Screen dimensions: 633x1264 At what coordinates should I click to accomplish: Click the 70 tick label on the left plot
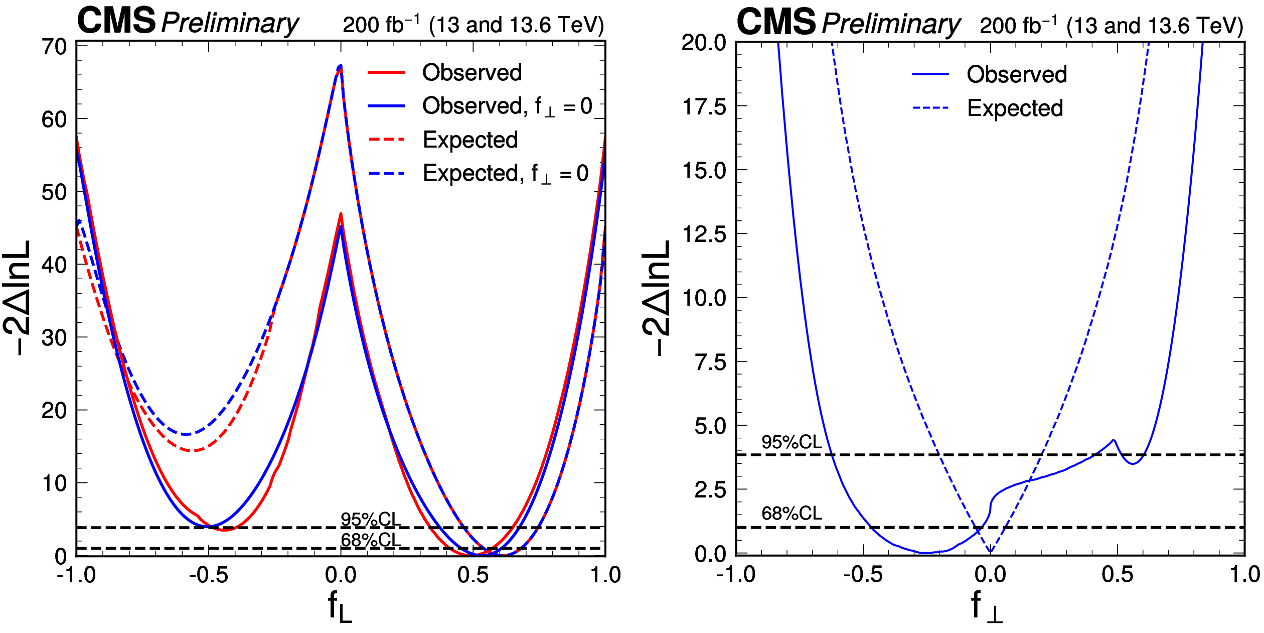[54, 47]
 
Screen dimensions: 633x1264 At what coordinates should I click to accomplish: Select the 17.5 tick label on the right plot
[704, 107]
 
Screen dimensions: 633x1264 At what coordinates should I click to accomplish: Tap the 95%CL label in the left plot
[371, 520]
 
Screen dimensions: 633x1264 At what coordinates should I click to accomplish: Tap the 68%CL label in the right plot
[792, 514]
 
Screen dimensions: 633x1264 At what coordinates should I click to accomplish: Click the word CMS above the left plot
[116, 22]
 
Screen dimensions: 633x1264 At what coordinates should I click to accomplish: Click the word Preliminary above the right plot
[890, 24]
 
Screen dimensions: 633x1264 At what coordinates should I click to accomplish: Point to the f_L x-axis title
[340, 606]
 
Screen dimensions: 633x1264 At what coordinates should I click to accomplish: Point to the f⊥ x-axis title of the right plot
[986, 606]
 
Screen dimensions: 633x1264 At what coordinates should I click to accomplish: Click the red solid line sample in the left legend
[386, 73]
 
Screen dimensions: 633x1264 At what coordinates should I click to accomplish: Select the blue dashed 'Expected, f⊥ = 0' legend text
[506, 174]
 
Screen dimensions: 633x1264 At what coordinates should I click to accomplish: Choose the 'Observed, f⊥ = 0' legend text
[507, 106]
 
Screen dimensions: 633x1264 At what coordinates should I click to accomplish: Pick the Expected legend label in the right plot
[1015, 108]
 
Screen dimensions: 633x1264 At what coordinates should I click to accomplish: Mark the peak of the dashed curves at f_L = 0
[341, 65]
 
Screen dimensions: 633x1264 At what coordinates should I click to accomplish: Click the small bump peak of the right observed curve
[1114, 440]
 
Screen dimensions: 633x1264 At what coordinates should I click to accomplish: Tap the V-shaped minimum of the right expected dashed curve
[990, 552]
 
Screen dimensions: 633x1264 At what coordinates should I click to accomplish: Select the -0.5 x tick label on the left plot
[209, 575]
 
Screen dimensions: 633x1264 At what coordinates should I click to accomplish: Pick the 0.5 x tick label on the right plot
[1117, 575]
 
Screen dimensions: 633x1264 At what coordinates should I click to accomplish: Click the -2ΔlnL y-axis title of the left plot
[18, 299]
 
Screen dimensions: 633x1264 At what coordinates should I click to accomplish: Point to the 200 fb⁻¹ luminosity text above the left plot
[381, 25]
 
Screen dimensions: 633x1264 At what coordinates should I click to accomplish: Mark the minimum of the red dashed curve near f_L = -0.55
[192, 451]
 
